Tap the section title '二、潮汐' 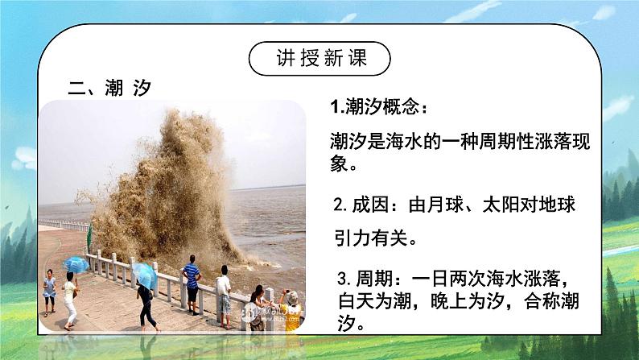[110, 89]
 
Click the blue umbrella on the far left [76, 263]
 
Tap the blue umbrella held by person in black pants [146, 271]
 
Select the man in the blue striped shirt [192, 282]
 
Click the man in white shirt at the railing [223, 291]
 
